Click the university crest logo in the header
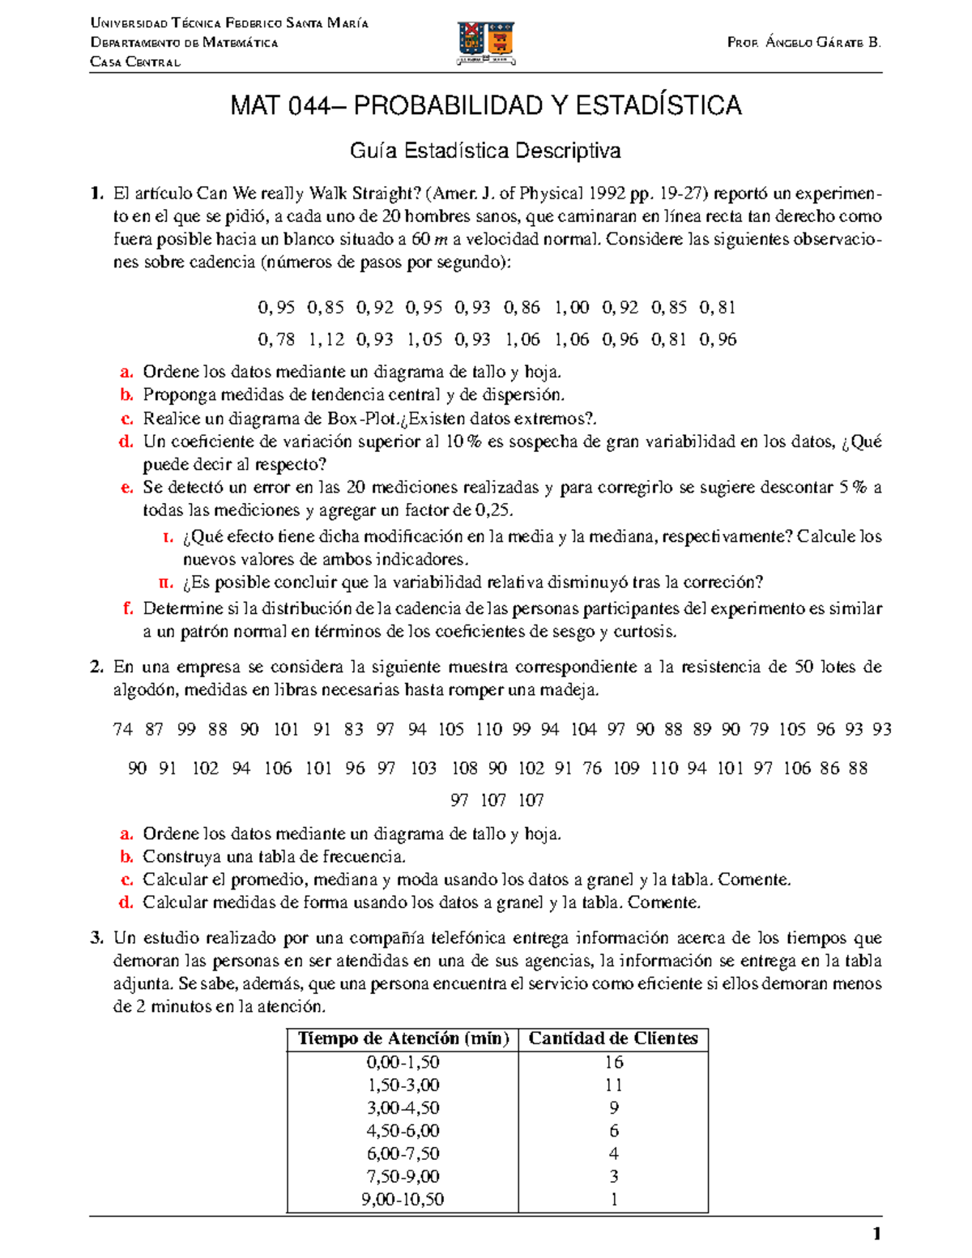click(x=486, y=42)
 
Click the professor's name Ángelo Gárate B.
click(x=804, y=42)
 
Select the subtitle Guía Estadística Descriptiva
click(x=485, y=151)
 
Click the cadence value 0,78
click(x=276, y=339)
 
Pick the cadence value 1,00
click(x=572, y=308)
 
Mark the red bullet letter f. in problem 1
click(x=127, y=608)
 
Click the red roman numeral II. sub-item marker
click(x=166, y=582)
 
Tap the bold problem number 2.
click(x=97, y=667)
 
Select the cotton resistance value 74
click(x=122, y=730)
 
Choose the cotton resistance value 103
click(x=423, y=768)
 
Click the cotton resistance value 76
click(x=592, y=768)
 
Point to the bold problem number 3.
click(x=97, y=938)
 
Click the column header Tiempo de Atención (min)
click(x=403, y=1038)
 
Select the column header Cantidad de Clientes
click(x=613, y=1038)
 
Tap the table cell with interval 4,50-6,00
click(x=403, y=1131)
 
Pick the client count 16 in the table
click(x=613, y=1062)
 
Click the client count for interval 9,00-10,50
click(x=613, y=1200)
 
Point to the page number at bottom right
click(x=876, y=1235)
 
